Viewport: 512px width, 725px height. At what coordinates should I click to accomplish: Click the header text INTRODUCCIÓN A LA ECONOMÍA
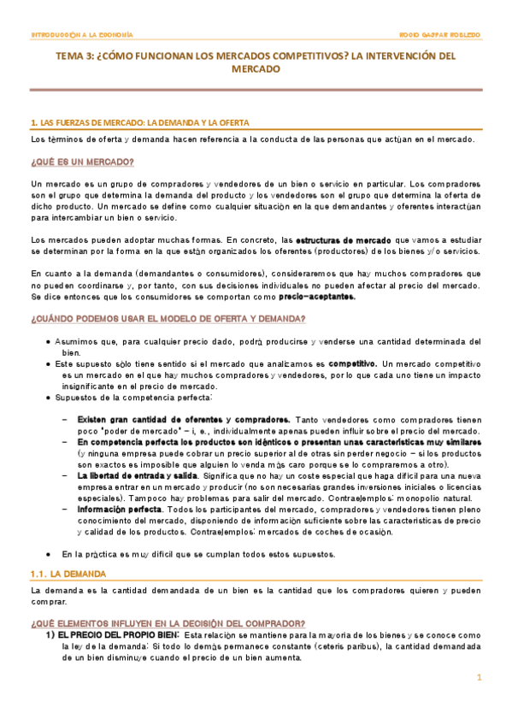coord(81,35)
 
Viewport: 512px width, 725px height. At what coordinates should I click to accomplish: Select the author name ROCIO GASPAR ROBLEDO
coord(439,35)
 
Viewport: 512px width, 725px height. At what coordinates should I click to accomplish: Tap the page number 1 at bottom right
coord(480,677)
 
